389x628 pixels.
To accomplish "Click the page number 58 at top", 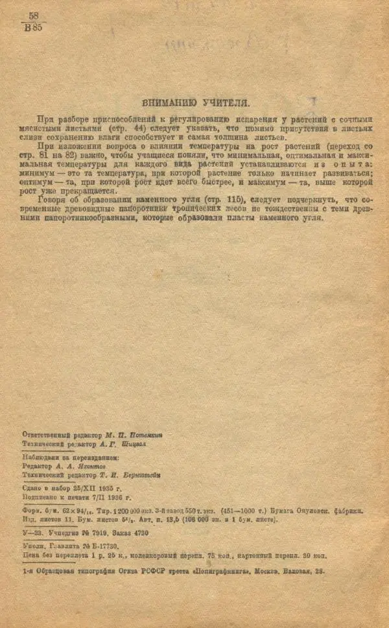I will (x=34, y=15).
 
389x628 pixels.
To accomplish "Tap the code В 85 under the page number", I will (x=33, y=27).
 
